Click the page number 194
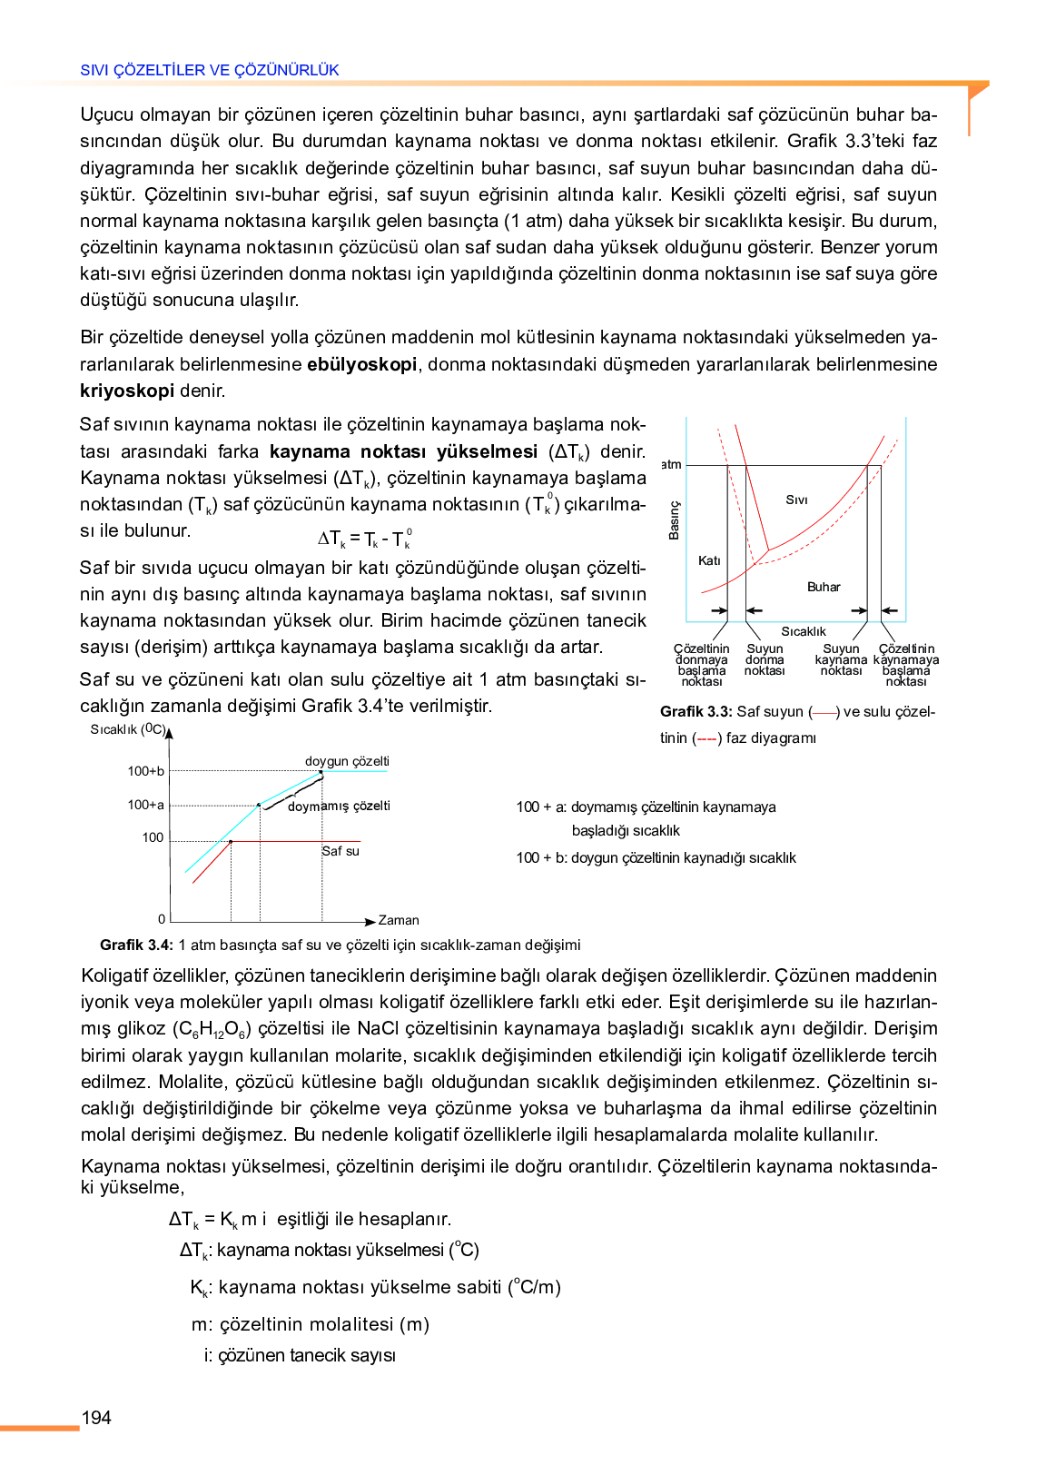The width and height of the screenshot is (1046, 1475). point(96,1417)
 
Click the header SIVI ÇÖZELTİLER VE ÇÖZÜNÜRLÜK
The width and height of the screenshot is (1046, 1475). point(210,70)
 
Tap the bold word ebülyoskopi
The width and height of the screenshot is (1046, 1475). point(361,364)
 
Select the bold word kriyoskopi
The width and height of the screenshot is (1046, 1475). point(127,391)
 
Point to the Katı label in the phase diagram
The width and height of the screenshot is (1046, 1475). point(709,560)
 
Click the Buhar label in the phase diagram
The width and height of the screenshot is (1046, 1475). point(824,587)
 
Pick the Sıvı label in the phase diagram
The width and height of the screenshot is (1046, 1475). point(796,500)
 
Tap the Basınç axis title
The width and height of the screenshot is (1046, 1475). point(674,520)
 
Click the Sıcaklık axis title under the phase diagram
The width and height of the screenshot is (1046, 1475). point(804,631)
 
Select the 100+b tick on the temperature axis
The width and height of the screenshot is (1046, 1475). point(146,771)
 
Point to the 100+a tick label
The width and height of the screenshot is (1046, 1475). point(146,805)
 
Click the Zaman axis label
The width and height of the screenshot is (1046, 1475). point(399,920)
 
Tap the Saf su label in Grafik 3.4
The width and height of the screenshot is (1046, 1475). point(340,851)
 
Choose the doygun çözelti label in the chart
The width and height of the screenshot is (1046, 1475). point(347,761)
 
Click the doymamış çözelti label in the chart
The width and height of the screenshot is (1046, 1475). point(339,806)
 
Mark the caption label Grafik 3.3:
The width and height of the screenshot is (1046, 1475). point(696,711)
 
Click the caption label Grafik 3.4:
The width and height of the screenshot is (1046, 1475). point(136,945)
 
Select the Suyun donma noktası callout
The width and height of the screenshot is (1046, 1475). point(765,660)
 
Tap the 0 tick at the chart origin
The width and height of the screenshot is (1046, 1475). point(162,919)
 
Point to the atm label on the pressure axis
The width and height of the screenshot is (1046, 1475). point(671,464)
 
